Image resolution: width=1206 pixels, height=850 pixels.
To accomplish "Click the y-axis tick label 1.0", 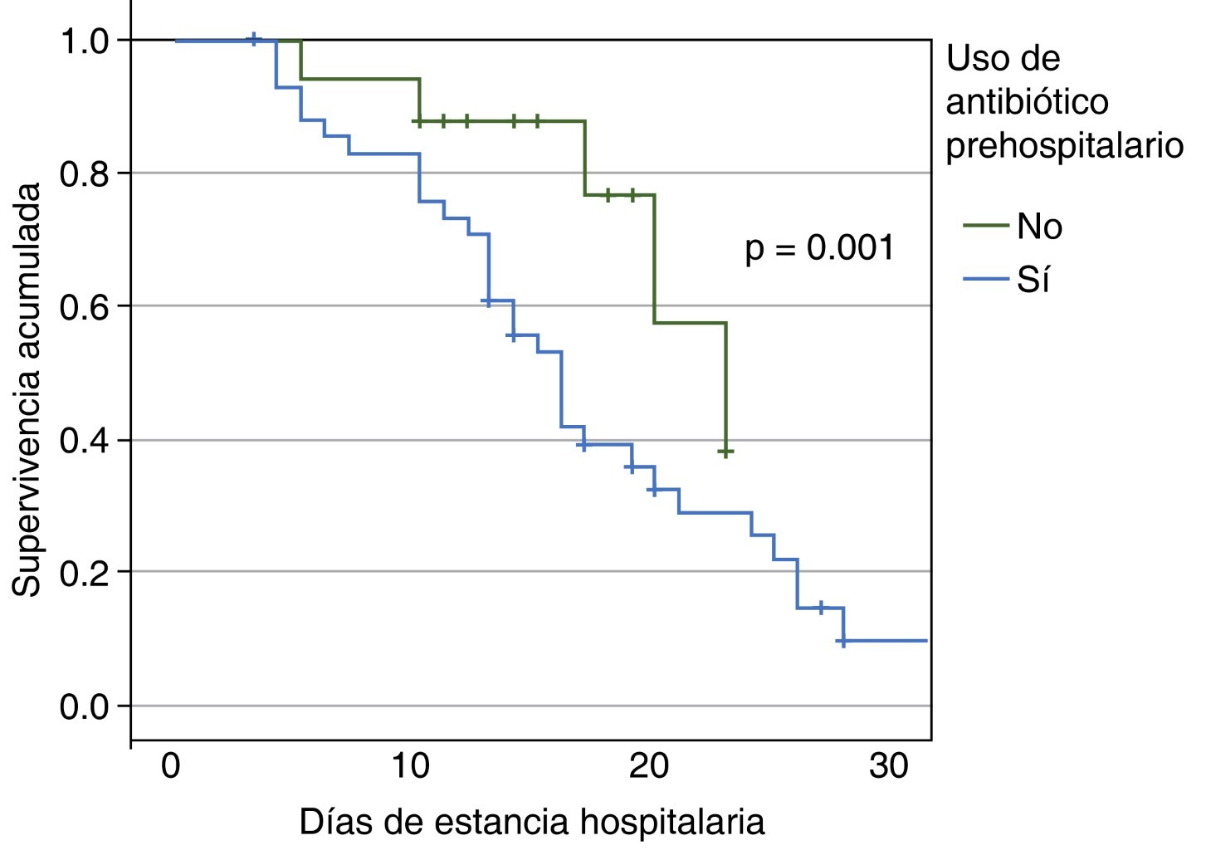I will (85, 41).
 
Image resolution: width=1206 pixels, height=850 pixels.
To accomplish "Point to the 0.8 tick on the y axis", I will (85, 173).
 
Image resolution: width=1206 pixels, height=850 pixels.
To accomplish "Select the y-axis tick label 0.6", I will (85, 306).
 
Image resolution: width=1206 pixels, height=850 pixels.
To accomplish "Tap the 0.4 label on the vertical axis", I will (85, 440).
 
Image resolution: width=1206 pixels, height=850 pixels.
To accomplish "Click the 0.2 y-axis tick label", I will (85, 573).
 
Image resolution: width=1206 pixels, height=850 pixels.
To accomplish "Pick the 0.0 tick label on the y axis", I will (85, 706).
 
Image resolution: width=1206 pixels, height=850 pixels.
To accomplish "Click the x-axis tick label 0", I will (171, 765).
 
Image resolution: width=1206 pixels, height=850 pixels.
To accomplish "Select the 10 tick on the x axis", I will (410, 765).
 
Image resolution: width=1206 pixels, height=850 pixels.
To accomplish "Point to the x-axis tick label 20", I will (649, 765).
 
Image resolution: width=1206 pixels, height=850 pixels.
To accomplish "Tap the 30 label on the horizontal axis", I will (889, 765).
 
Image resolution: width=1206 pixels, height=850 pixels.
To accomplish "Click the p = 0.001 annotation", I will (819, 248).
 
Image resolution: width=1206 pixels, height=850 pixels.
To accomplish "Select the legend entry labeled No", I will (1039, 226).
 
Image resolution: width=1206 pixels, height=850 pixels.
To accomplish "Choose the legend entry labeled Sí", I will (1033, 280).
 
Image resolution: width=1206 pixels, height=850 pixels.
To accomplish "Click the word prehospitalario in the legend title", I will (1065, 145).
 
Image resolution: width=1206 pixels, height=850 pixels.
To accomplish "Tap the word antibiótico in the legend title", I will (1027, 102).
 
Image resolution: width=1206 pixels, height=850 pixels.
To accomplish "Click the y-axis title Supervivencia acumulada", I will (27, 389).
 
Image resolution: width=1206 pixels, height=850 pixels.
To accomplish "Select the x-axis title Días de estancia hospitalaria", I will (531, 822).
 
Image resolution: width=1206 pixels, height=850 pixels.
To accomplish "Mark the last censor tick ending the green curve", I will (726, 452).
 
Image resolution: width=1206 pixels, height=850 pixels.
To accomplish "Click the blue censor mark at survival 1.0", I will (255, 39).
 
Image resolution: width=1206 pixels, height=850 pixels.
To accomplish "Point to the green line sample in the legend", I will (985, 226).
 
